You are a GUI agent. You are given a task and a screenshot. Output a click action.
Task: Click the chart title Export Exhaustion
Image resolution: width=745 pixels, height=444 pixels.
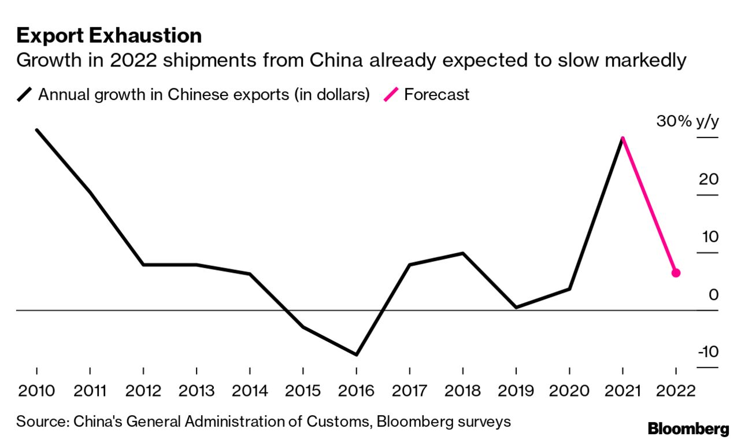click(x=109, y=36)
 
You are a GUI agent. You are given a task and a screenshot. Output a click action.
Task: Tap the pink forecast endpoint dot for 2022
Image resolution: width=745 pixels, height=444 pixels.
click(x=676, y=273)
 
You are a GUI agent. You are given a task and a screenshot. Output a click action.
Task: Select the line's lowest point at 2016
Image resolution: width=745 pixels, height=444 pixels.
click(x=356, y=354)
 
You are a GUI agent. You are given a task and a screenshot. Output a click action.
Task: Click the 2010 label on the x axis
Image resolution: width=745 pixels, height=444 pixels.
click(x=36, y=391)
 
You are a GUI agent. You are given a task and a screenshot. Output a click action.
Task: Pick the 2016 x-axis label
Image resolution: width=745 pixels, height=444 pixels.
click(x=356, y=391)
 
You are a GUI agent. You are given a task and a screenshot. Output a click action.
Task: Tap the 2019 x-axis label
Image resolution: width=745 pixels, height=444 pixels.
click(x=516, y=391)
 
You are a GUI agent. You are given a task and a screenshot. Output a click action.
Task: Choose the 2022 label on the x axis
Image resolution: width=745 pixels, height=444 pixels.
click(x=676, y=391)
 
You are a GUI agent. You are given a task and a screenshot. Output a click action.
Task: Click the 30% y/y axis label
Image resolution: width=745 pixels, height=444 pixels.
click(x=687, y=122)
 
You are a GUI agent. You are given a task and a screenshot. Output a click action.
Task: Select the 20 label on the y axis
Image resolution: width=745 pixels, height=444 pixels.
click(x=709, y=179)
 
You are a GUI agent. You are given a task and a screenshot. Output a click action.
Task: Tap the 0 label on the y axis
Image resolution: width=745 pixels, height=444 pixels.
click(x=713, y=295)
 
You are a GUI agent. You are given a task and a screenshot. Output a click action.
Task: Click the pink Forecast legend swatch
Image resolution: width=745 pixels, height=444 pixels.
click(x=391, y=94)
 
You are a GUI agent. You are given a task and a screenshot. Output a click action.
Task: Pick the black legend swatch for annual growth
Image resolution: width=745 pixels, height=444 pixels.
click(x=25, y=94)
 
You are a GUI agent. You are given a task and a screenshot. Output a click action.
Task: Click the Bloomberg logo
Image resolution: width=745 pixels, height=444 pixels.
click(x=688, y=429)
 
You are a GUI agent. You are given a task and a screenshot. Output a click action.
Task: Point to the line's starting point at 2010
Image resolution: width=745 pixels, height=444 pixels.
click(x=37, y=130)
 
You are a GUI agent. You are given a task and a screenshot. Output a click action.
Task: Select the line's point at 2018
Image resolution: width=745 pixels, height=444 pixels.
click(x=462, y=253)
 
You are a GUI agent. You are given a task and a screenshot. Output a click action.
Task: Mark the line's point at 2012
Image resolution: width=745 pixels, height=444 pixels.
click(x=143, y=265)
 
